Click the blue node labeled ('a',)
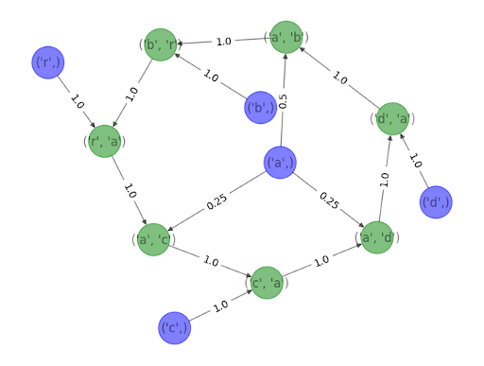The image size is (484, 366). tap(280, 163)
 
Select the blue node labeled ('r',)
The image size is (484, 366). tap(47, 62)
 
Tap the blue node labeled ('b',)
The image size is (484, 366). tap(260, 108)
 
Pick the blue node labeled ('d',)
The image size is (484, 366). tap(435, 202)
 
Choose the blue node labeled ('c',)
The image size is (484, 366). tap(174, 327)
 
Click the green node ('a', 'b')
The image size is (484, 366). tap(286, 37)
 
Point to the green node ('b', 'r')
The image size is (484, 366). tap(160, 44)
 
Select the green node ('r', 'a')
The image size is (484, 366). tap(104, 141)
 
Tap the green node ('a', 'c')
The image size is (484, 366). tap(154, 239)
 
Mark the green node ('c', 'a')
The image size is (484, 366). tap(266, 282)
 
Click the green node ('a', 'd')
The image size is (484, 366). tap(377, 237)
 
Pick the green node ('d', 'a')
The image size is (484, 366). tap(392, 118)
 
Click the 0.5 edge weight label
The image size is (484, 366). tap(283, 101)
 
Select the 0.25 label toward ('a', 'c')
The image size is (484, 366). tap(216, 200)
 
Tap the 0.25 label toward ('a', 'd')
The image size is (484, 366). tap(328, 200)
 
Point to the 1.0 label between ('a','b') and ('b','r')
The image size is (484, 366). tap(223, 41)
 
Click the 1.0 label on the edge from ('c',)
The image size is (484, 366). tap(220, 305)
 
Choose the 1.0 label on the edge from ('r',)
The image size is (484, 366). tap(76, 101)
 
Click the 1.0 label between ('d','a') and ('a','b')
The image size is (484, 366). tap(339, 78)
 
